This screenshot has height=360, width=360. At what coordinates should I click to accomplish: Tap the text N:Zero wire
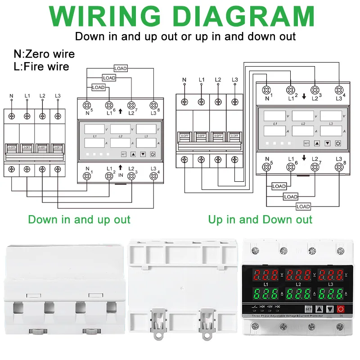click(44, 54)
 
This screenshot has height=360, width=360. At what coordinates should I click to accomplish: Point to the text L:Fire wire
click(41, 67)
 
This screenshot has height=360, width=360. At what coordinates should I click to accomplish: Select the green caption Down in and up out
click(79, 220)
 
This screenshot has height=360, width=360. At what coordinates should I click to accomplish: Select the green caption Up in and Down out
click(260, 220)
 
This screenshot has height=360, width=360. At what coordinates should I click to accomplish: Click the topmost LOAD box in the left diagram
click(121, 68)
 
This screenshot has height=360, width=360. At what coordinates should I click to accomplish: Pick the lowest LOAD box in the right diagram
click(303, 207)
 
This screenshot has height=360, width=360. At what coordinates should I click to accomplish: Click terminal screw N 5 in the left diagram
click(86, 105)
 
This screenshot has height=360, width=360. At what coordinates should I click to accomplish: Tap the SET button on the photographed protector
click(308, 309)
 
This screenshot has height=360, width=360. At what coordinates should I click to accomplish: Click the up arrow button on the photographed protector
click(319, 309)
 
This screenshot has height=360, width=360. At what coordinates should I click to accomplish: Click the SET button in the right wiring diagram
click(306, 143)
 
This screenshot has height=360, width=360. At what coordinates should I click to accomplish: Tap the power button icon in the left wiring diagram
click(153, 154)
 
